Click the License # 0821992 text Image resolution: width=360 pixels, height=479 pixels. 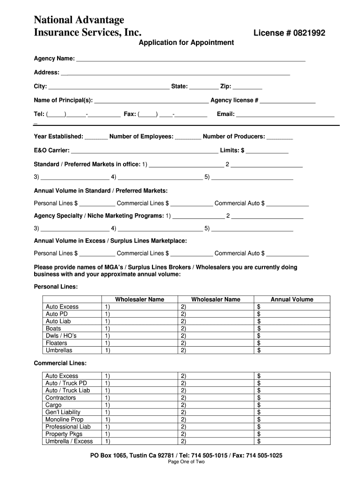click(289, 33)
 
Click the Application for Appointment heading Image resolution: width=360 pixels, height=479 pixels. click(186, 43)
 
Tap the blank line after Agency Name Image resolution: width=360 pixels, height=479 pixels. click(191, 59)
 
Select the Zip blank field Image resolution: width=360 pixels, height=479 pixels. click(247, 87)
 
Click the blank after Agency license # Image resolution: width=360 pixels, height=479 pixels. click(288, 101)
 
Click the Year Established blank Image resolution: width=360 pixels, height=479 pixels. click(96, 137)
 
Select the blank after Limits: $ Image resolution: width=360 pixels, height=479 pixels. click(267, 151)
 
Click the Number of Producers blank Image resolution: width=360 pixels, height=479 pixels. click(280, 137)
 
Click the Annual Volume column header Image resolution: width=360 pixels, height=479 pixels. click(292, 299)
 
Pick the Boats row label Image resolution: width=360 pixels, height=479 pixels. click(53, 328)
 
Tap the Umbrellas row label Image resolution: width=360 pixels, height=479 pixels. click(59, 350)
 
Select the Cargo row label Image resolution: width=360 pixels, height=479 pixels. click(53, 405)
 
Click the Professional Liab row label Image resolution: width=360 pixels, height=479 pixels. click(68, 427)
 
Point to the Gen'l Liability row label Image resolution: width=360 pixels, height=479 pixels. click(63, 412)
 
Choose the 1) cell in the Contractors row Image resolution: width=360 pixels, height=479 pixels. click(108, 398)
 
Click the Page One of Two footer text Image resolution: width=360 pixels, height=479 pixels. click(186, 462)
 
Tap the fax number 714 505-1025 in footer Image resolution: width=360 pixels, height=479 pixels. click(264, 455)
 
